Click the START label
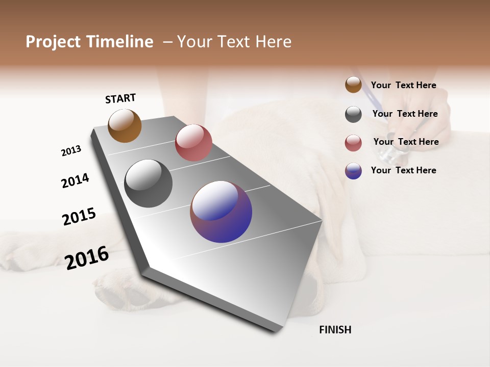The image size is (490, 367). (120, 98)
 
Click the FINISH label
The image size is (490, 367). (335, 330)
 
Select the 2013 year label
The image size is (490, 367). (71, 151)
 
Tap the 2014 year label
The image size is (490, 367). (75, 180)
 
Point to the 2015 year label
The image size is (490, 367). (79, 217)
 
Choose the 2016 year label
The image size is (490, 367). (87, 257)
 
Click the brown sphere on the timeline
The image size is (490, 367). (125, 125)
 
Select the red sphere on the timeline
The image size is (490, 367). (193, 142)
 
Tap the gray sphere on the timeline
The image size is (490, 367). (148, 183)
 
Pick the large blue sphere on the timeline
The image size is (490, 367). (221, 212)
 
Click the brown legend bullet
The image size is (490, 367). (353, 85)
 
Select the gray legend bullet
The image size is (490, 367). (353, 114)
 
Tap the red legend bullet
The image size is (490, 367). (353, 143)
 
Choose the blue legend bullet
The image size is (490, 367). (353, 171)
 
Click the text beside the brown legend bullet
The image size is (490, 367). (403, 85)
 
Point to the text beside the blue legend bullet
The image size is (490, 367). (403, 170)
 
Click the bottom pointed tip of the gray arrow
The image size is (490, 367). (276, 331)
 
